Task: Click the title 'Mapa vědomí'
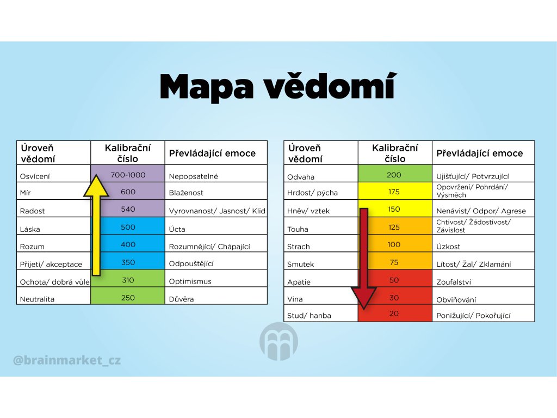tap(278, 87)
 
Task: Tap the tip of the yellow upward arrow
tap(96, 175)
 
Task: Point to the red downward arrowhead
tap(364, 298)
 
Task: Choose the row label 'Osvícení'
tap(35, 177)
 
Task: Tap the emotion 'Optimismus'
tap(190, 281)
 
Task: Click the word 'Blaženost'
tap(186, 193)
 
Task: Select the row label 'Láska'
tap(30, 229)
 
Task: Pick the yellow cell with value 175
tap(395, 191)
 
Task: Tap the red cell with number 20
tap(395, 313)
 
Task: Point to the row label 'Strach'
tap(299, 247)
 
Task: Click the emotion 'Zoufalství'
tap(454, 282)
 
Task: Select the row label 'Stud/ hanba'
tap(309, 316)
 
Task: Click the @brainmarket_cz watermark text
tap(67, 360)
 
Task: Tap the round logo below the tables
tap(279, 341)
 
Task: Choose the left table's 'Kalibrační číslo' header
tap(128, 153)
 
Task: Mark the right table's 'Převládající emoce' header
tap(480, 153)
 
